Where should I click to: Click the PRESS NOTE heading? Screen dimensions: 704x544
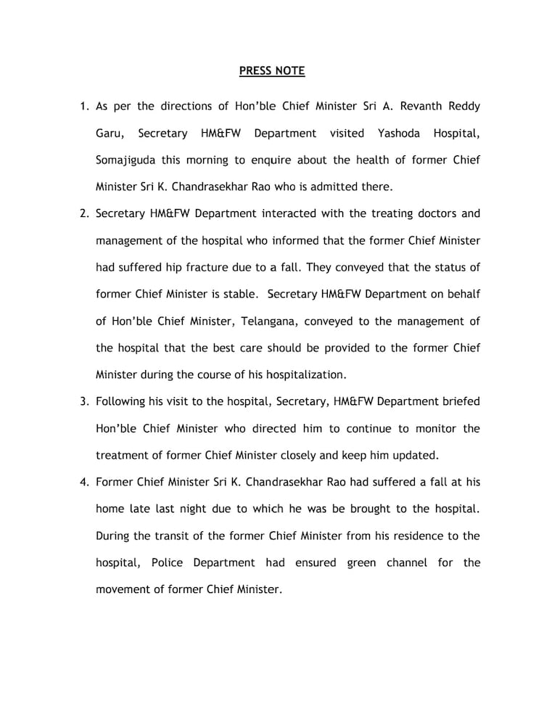pos(272,71)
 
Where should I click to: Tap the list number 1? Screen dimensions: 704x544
pos(83,107)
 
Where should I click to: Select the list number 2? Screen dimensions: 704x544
pos(83,214)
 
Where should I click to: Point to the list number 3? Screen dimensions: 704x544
pos(83,401)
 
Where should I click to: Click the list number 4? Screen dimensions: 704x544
pos(83,482)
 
